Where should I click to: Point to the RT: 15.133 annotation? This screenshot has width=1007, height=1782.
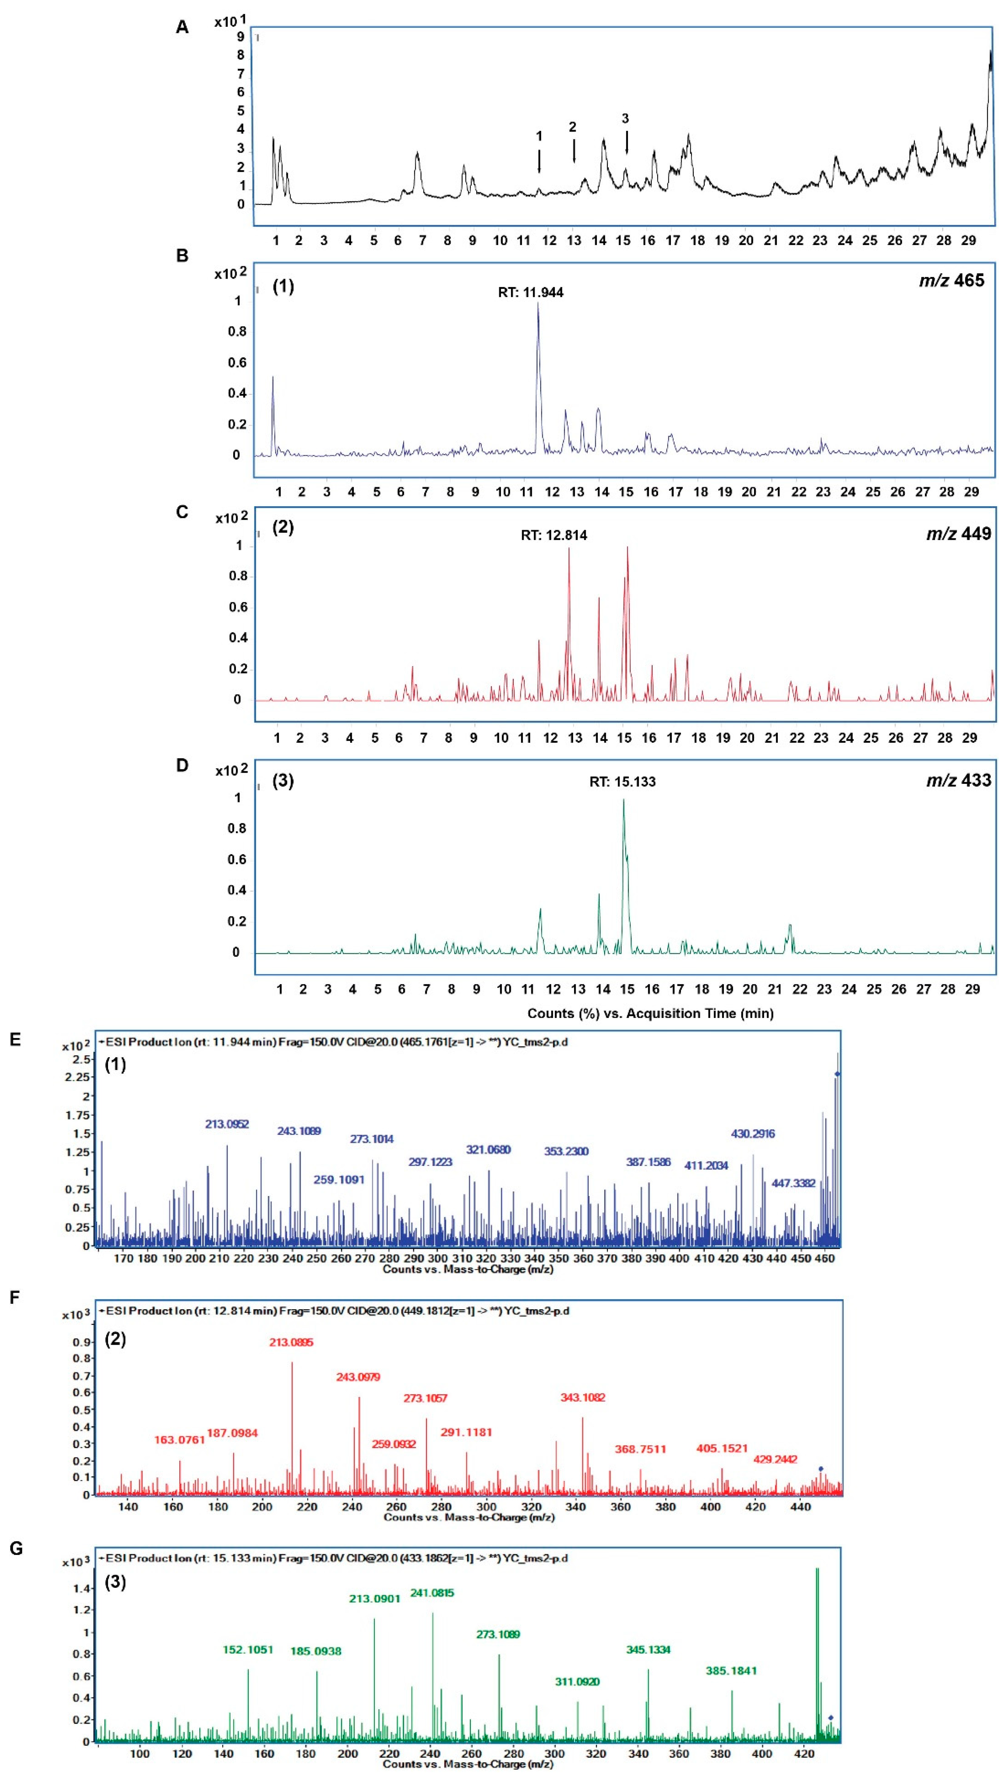coord(622,782)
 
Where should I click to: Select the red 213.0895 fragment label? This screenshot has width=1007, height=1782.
coord(291,1342)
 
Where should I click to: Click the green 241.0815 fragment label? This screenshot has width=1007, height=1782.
coord(432,1592)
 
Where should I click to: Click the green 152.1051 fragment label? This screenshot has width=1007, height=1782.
coord(248,1649)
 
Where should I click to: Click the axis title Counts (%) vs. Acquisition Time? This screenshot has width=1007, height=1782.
coord(650,1014)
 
